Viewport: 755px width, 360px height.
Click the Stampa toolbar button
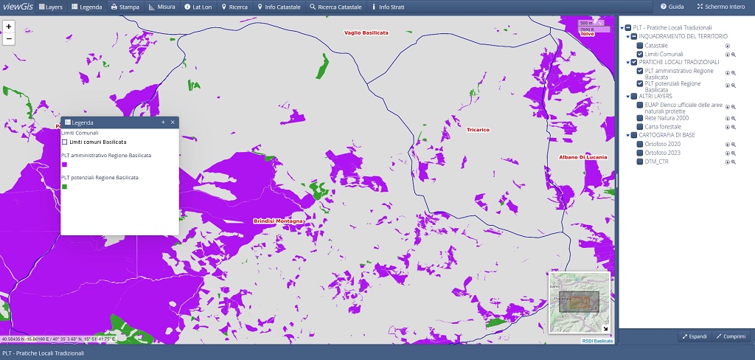[125, 7]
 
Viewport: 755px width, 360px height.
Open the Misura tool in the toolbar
[161, 7]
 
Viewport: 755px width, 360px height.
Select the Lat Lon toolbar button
[198, 7]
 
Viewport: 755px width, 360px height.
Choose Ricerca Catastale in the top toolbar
[335, 7]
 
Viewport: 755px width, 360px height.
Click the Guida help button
[672, 7]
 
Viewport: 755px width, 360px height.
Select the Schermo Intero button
[722, 7]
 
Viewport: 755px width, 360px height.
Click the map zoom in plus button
[9, 26]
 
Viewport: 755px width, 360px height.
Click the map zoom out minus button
[9, 38]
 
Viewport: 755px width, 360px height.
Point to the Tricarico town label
[478, 130]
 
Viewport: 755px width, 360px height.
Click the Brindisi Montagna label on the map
[278, 221]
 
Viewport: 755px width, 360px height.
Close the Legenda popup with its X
[173, 122]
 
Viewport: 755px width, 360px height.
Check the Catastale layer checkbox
[640, 46]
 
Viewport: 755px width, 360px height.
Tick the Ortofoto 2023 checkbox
[640, 153]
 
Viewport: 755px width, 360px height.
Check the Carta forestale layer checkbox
[640, 127]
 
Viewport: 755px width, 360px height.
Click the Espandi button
[694, 336]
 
